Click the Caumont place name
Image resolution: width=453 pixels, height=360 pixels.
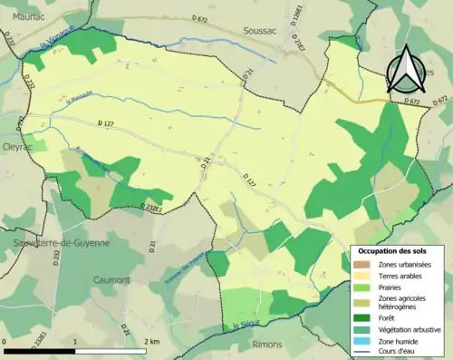(110, 280)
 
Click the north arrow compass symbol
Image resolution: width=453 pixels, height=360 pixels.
(407, 67)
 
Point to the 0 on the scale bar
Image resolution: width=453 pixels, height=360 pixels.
(5, 341)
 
